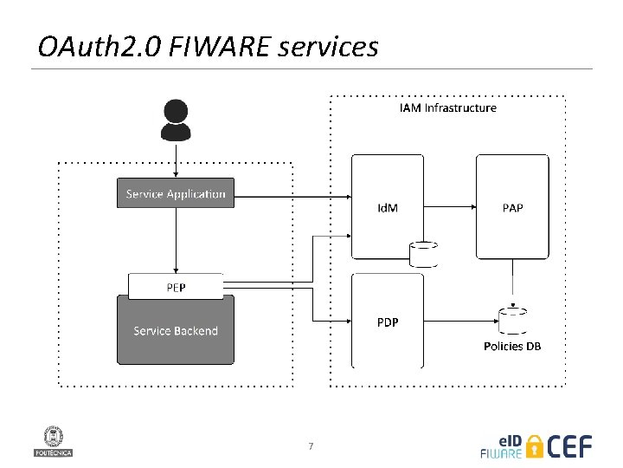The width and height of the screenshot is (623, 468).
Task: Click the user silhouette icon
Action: (176, 120)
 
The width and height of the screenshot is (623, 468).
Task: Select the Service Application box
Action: (176, 193)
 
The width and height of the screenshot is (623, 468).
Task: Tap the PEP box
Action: (176, 286)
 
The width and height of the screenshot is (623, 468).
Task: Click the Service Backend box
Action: (176, 330)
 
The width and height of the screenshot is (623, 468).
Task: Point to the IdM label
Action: (388, 208)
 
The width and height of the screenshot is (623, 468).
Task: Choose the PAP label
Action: (512, 208)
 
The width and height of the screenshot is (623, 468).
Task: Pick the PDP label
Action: (388, 322)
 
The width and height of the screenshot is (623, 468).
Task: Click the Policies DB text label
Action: (512, 346)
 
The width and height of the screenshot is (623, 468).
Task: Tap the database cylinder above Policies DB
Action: (512, 320)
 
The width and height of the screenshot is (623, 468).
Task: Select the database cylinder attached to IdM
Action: (423, 254)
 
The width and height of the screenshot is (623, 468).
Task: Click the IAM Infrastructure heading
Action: (448, 108)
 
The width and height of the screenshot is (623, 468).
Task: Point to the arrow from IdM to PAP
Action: (450, 207)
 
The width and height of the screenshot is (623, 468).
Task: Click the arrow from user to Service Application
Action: (176, 160)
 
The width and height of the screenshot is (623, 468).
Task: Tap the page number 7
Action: (311, 446)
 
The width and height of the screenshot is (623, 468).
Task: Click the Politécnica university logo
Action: (53, 440)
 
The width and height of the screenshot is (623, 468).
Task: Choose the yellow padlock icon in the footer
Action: (535, 445)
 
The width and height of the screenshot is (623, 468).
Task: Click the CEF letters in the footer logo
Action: (570, 445)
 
